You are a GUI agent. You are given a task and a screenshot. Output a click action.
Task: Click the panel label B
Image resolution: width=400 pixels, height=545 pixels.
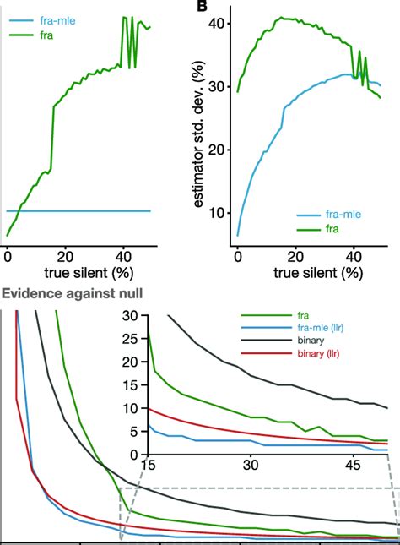tap(203, 7)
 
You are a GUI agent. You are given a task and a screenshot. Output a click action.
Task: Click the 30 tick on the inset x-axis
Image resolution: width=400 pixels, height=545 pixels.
tap(250, 466)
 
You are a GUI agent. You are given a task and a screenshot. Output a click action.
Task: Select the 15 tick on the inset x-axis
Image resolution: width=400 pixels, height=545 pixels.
tap(149, 466)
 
